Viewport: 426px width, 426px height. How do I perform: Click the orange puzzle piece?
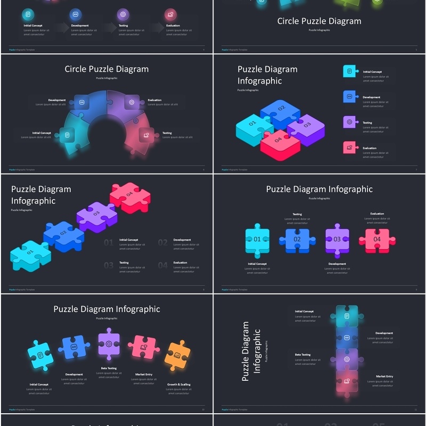click(x=177, y=355)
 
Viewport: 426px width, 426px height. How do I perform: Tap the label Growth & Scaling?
click(x=179, y=384)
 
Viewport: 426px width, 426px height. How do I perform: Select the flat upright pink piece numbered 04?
click(x=377, y=240)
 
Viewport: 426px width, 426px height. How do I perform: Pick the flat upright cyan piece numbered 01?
click(x=257, y=240)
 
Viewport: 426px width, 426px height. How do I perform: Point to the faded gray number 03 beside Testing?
click(x=109, y=265)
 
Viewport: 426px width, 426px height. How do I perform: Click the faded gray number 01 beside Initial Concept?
click(x=109, y=243)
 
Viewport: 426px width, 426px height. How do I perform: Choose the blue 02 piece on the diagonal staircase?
click(x=63, y=234)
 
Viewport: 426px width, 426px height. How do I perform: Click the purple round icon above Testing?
click(x=123, y=14)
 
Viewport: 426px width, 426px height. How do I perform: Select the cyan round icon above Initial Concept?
click(x=28, y=14)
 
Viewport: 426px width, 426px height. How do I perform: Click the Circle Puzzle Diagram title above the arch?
click(x=106, y=69)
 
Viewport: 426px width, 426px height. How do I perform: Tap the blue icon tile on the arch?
click(x=81, y=102)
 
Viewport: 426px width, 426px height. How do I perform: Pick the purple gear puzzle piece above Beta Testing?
click(x=109, y=344)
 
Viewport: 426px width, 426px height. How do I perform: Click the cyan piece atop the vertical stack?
click(x=347, y=316)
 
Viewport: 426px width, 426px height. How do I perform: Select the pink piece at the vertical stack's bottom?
click(x=347, y=381)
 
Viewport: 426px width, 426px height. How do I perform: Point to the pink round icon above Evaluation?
click(x=170, y=14)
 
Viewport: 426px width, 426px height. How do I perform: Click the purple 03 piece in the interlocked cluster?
click(x=307, y=128)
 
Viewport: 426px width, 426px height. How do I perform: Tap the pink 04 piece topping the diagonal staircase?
click(x=129, y=195)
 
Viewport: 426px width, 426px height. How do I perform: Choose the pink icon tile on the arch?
click(x=146, y=135)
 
